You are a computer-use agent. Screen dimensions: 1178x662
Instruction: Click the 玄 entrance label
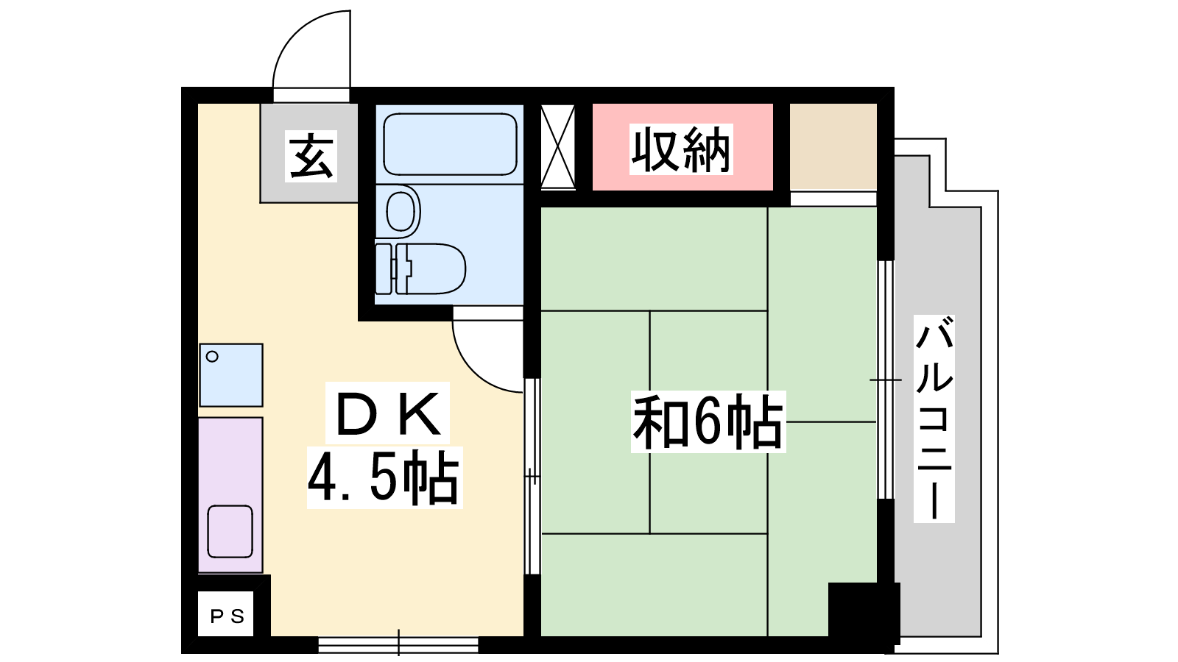click(311, 156)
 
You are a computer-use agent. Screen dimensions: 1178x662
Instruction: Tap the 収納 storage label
click(681, 150)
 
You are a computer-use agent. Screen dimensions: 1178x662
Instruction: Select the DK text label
click(387, 413)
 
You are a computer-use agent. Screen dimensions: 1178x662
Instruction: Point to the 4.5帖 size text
click(384, 477)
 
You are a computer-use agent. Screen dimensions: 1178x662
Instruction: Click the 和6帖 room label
click(708, 422)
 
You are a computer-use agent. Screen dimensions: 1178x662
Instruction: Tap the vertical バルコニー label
click(934, 419)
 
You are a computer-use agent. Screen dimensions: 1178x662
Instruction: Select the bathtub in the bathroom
click(450, 144)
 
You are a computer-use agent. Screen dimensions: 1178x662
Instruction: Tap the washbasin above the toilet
click(401, 211)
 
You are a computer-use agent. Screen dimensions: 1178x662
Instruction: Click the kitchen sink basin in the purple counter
click(230, 531)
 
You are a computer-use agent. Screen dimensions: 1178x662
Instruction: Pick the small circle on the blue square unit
click(213, 357)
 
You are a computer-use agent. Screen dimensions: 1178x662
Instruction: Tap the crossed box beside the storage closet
click(557, 146)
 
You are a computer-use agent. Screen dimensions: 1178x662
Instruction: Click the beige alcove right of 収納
click(833, 146)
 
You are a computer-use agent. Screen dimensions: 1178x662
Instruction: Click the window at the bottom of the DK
click(398, 644)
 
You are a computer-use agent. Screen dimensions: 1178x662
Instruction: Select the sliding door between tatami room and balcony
click(886, 380)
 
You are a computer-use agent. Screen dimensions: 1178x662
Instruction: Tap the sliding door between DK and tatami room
click(532, 477)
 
